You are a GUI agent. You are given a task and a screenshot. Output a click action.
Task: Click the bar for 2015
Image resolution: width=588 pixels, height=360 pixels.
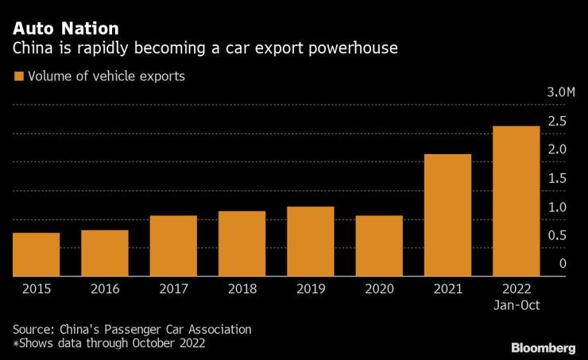pyautogui.click(x=36, y=254)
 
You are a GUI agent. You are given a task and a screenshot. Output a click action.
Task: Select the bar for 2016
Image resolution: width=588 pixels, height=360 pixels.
pyautogui.click(x=105, y=253)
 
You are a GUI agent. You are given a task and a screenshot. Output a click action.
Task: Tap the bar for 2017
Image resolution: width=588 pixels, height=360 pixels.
pyautogui.click(x=173, y=246)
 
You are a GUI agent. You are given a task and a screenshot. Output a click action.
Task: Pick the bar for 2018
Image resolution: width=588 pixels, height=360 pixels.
pyautogui.click(x=242, y=243)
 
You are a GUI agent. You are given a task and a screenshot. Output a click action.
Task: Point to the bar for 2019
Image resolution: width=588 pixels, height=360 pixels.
pyautogui.click(x=311, y=241)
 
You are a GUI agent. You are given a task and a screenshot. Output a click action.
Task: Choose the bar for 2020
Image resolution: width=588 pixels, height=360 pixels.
pyautogui.click(x=379, y=246)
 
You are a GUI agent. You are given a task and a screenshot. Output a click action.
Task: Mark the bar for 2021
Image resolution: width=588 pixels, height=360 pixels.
pyautogui.click(x=447, y=215)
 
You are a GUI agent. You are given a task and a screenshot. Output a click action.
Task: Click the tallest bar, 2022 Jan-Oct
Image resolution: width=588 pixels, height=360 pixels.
pyautogui.click(x=516, y=201)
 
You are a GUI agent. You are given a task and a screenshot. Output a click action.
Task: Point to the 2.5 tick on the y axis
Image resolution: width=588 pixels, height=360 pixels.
pyautogui.click(x=556, y=121)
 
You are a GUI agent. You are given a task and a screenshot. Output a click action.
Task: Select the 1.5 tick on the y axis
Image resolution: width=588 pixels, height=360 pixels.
pyautogui.click(x=556, y=178)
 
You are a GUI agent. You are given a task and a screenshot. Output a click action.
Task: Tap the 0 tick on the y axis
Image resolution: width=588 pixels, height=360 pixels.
pyautogui.click(x=563, y=264)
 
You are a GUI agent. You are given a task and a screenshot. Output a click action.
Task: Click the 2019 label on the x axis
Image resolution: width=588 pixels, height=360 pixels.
pyautogui.click(x=311, y=289)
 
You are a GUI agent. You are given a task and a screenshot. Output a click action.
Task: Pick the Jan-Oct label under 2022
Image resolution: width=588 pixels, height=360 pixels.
pyautogui.click(x=516, y=304)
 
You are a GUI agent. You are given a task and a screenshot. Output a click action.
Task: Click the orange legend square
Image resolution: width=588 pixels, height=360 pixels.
pyautogui.click(x=17, y=77)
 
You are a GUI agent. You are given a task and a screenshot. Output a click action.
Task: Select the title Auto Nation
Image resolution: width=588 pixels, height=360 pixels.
pyautogui.click(x=65, y=29)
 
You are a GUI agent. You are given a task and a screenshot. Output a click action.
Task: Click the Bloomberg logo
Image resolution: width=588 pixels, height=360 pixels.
pyautogui.click(x=543, y=348)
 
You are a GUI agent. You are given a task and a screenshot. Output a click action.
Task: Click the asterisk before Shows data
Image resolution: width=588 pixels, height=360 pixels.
pyautogui.click(x=15, y=343)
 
